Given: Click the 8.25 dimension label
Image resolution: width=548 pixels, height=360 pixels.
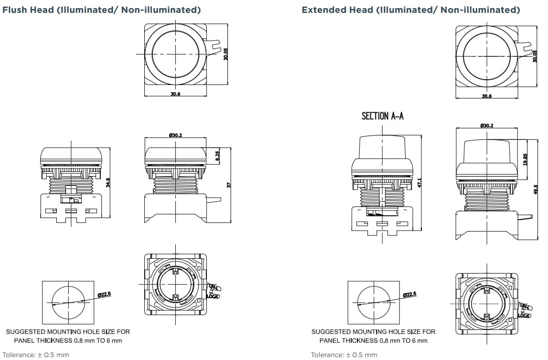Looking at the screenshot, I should (x=218, y=156).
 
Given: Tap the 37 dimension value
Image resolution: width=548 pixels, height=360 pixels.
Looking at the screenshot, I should (x=229, y=185).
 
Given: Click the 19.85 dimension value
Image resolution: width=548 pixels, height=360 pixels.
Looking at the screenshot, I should (x=525, y=159).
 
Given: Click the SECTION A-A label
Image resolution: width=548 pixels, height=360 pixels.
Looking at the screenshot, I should (x=382, y=116).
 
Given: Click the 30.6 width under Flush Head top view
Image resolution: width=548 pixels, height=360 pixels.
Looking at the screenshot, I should (x=175, y=94).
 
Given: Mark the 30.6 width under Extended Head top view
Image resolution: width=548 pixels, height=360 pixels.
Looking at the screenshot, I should (x=486, y=96).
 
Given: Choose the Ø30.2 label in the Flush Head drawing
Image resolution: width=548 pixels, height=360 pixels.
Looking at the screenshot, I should (x=175, y=135).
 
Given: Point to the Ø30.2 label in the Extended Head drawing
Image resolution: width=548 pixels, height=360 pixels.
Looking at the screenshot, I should (x=486, y=126).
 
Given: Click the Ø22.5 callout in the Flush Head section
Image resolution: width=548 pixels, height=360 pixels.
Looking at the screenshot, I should (x=104, y=295).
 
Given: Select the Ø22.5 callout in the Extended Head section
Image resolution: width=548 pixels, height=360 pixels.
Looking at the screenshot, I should (x=409, y=294).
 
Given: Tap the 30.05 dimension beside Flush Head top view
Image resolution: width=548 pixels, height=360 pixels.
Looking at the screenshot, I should (x=226, y=53).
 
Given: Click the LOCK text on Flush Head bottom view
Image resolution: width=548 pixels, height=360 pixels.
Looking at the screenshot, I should (x=213, y=296).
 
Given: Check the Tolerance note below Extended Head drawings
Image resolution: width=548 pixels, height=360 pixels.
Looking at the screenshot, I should (x=344, y=355).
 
